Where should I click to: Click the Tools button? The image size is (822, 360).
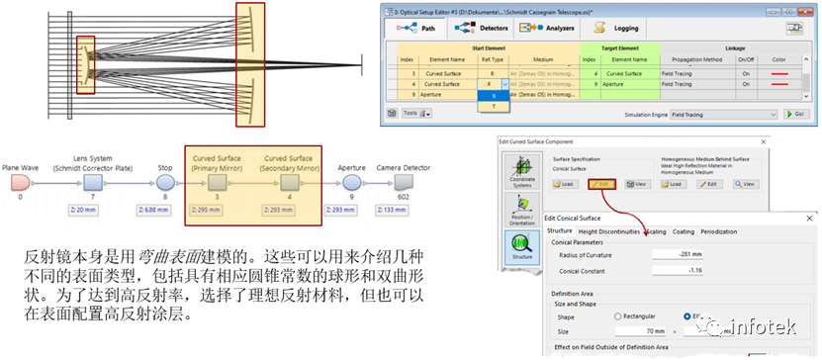click(416, 114)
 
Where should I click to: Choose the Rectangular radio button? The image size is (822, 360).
click(619, 316)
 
